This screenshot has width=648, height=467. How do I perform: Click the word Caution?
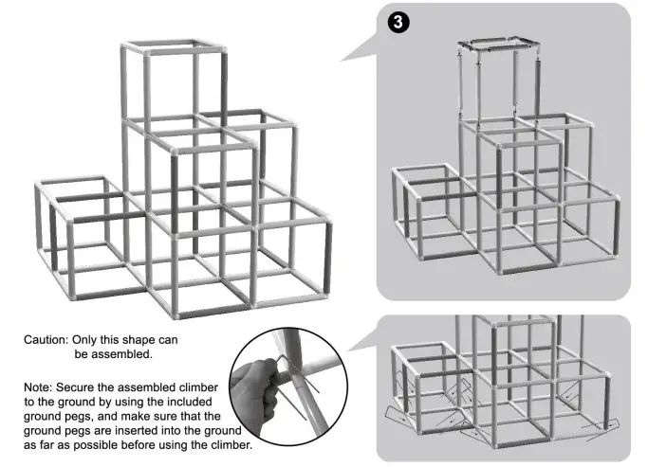(x=48, y=339)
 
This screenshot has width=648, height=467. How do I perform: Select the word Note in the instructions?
(x=40, y=386)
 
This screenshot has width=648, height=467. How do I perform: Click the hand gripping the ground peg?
(x=260, y=394)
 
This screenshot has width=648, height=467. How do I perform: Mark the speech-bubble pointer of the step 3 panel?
(x=356, y=51)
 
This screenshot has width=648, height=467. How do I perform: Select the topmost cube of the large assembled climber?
(x=175, y=81)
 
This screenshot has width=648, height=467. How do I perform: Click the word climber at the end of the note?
(x=227, y=446)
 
